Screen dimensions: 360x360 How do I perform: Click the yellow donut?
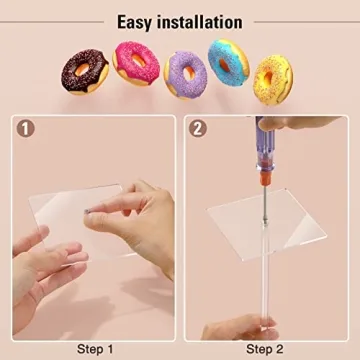(271, 78)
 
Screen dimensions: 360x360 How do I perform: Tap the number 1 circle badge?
(26, 129)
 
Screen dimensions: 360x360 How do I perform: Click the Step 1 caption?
(96, 348)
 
